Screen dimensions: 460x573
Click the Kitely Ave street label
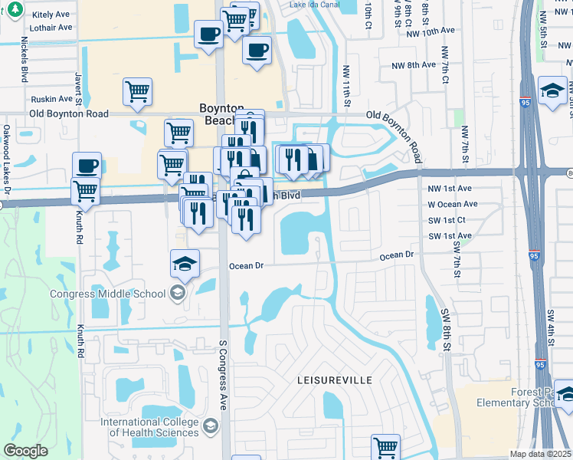[x=51, y=14]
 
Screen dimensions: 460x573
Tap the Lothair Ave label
[x=51, y=27]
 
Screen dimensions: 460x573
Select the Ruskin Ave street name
[x=51, y=99]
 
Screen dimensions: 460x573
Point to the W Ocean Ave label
[x=452, y=205]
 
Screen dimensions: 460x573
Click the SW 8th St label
[x=446, y=330]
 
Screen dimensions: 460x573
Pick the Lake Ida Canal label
[x=313, y=5]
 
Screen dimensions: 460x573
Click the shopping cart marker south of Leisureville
[x=386, y=446]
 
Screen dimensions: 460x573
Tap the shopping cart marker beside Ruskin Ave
[x=137, y=91]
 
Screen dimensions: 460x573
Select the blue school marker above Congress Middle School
[x=185, y=263]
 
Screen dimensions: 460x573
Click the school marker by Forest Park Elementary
[x=565, y=394]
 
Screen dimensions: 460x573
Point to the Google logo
[x=25, y=451]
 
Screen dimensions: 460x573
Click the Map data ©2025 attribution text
[x=540, y=454]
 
